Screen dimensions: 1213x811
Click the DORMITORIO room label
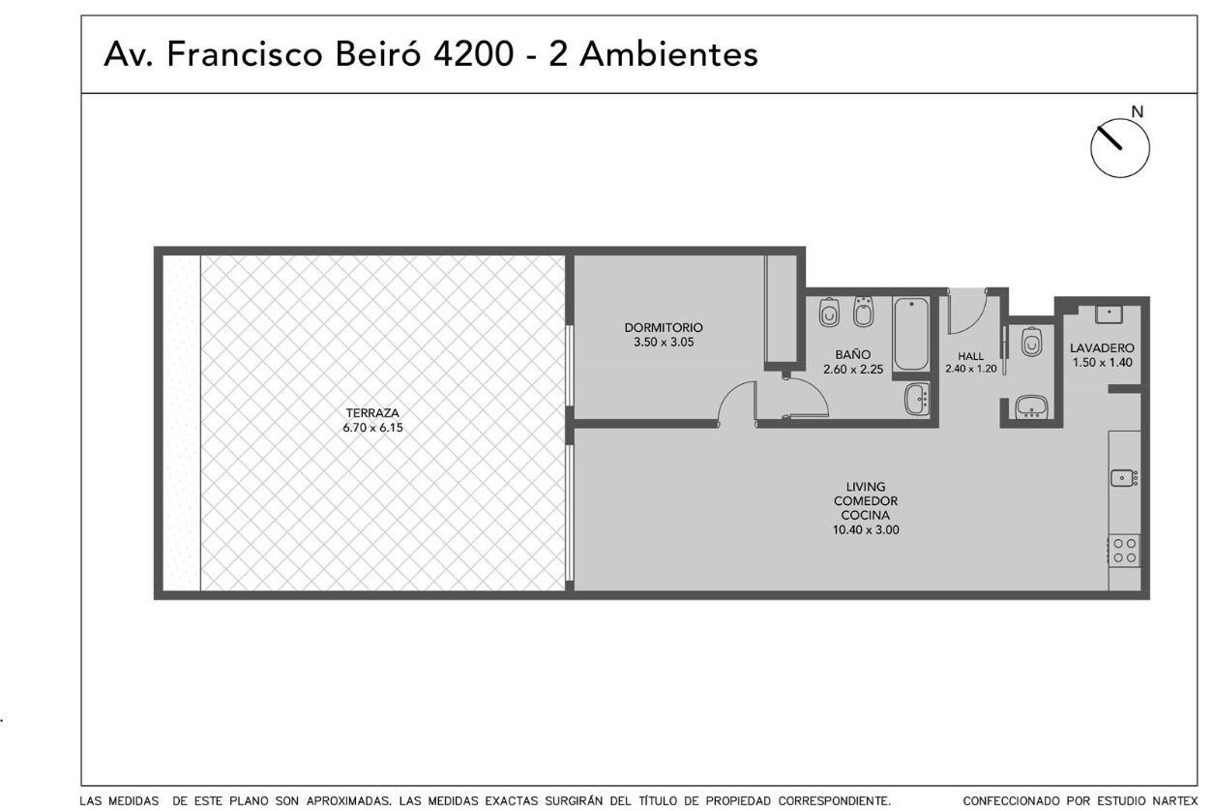[x=664, y=327]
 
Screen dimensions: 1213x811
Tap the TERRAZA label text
[x=372, y=413]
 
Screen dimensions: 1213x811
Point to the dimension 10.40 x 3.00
[x=866, y=529]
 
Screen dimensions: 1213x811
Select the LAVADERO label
[x=1102, y=347]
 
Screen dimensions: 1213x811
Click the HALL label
[x=971, y=356]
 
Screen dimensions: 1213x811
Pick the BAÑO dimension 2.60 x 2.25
[x=853, y=370]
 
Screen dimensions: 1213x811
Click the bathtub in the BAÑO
[x=911, y=333]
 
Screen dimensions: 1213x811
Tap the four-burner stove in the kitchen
[x=1124, y=551]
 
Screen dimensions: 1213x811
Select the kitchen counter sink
[x=1124, y=478]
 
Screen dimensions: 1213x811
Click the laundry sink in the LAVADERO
[x=1109, y=315]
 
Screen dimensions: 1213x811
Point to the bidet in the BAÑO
[x=863, y=312]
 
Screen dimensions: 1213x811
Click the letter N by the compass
[x=1138, y=112]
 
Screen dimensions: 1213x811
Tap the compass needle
[x=1109, y=137]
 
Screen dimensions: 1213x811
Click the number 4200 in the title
[x=473, y=54]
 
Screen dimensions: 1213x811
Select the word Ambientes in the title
[x=668, y=54]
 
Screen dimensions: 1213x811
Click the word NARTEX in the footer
[x=1177, y=800]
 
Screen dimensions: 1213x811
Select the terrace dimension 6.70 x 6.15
[x=372, y=428]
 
